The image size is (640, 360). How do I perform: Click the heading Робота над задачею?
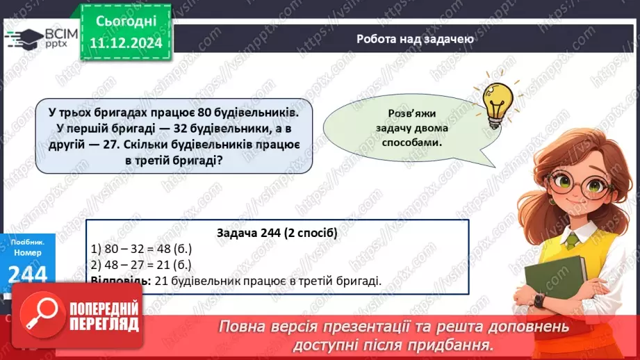click(415, 39)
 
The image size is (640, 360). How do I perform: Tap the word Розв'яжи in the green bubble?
click(415, 114)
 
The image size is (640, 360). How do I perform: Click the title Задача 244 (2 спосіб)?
click(277, 234)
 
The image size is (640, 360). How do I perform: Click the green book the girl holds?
click(557, 282)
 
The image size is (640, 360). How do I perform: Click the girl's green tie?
click(572, 240)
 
